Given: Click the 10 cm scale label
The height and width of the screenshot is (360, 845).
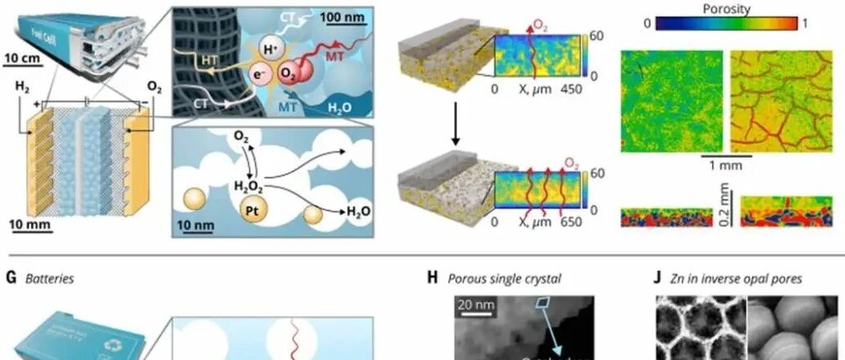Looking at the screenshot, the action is [22, 57].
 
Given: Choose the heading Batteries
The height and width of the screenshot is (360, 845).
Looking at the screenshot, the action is [51, 278].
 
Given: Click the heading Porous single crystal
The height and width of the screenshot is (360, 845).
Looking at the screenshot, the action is [505, 278].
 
